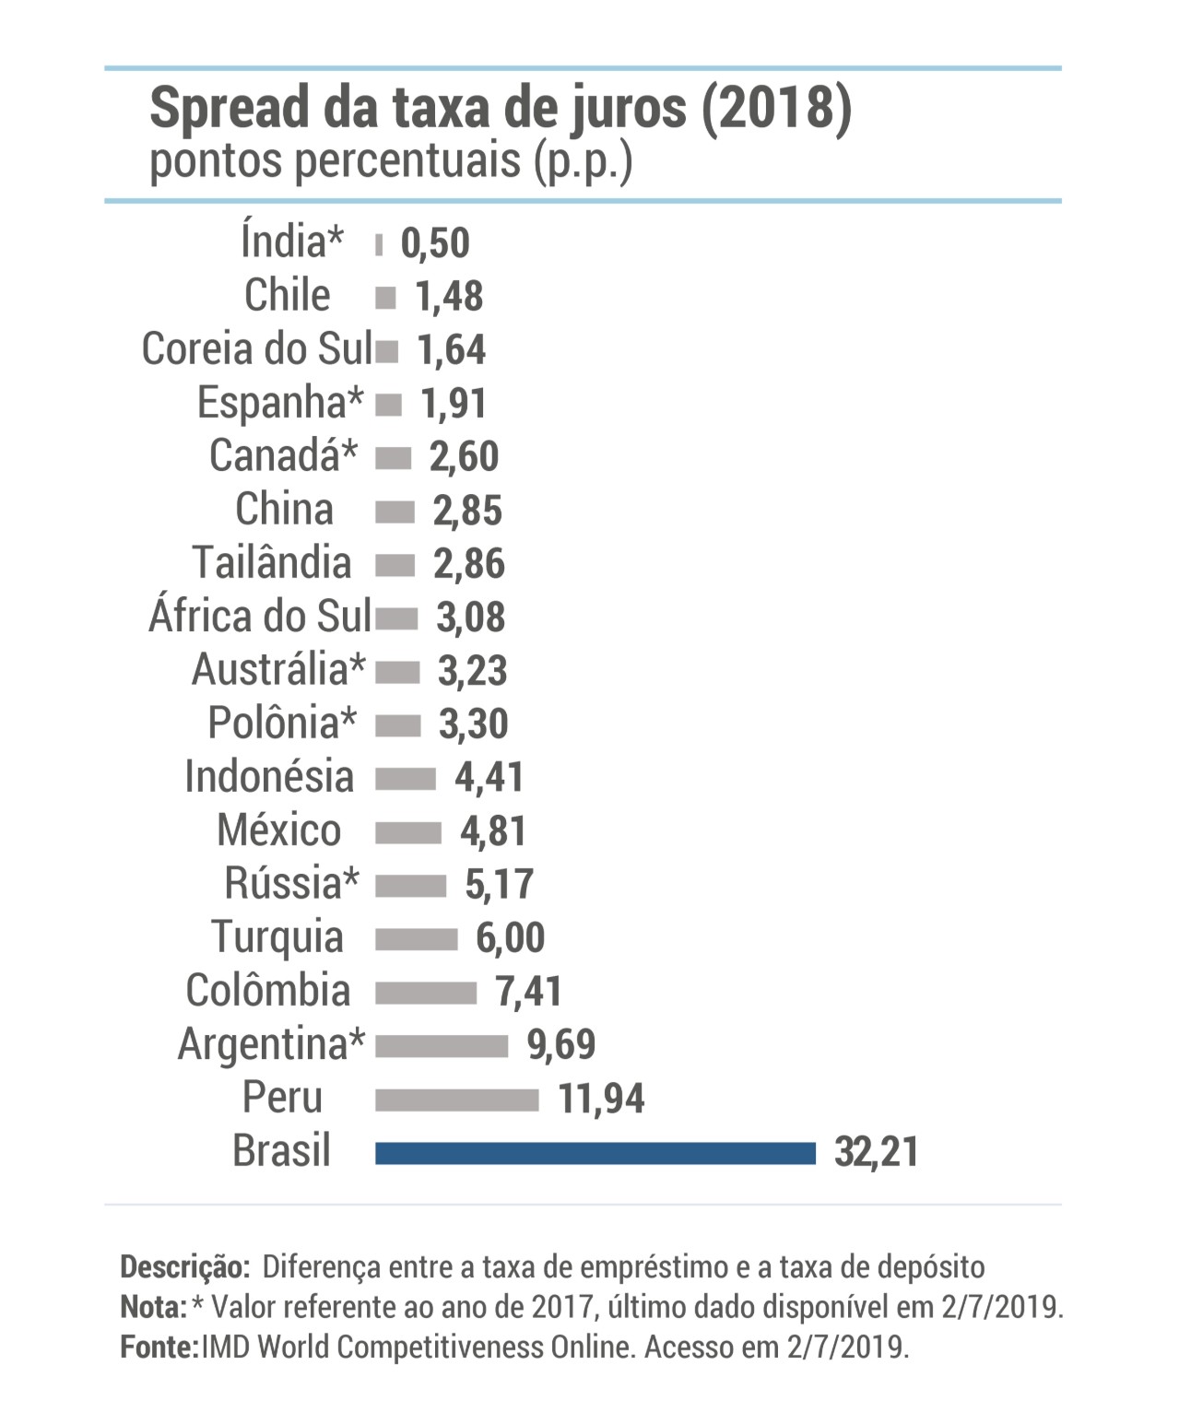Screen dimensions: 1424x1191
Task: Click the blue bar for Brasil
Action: pyautogui.click(x=595, y=1153)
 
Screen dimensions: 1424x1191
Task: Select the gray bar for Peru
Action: pyautogui.click(x=456, y=1100)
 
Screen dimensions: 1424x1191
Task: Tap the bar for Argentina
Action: pyautogui.click(x=442, y=1046)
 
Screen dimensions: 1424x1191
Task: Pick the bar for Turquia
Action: pyautogui.click(x=416, y=939)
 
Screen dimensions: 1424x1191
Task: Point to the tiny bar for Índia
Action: pyautogui.click(x=379, y=244)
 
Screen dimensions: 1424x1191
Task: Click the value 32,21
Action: pyautogui.click(x=876, y=1153)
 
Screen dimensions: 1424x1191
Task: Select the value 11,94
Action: pyautogui.click(x=601, y=1100)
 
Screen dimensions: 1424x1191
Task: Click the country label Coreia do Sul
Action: pyautogui.click(x=256, y=350)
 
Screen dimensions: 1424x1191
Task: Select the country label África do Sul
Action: pyautogui.click(x=259, y=618)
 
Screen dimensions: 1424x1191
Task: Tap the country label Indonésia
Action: pyautogui.click(x=269, y=778)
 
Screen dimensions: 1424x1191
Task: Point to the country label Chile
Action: pyautogui.click(x=287, y=297)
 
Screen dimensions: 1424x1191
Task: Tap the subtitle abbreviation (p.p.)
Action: pyautogui.click(x=583, y=162)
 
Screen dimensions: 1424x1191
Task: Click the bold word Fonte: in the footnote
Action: pyautogui.click(x=159, y=1348)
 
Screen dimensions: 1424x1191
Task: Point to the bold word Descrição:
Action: pyautogui.click(x=184, y=1267)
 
